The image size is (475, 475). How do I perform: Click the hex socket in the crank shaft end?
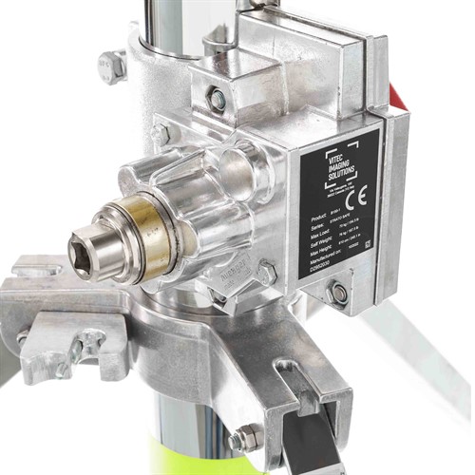point(84,252)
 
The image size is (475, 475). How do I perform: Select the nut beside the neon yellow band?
point(245,438)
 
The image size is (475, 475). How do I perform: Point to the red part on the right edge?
point(397,95)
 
